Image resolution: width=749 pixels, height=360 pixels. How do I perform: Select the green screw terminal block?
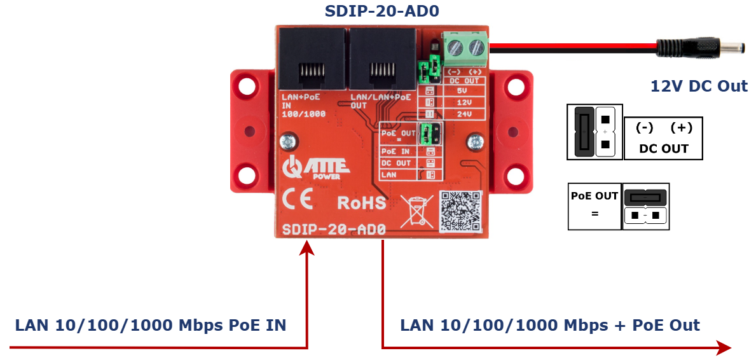pos(465,46)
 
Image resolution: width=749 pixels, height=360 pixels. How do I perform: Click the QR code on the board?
pos(460,211)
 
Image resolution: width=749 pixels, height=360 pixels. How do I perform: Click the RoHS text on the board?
pos(361,203)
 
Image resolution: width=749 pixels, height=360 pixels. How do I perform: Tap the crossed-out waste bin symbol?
pos(416,211)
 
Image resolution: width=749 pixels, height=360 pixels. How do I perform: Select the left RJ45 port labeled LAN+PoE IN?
pos(312,60)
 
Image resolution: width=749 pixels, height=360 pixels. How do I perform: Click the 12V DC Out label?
pos(699,86)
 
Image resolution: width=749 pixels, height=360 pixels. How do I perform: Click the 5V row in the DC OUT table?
pos(463,91)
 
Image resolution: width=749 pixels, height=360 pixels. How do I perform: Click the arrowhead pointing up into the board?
pos(307,248)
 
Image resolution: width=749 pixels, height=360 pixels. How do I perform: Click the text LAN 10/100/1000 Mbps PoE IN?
pos(151,326)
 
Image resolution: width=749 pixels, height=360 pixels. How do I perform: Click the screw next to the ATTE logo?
pos(289,140)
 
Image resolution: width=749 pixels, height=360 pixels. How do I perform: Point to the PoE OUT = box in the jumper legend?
pos(594,205)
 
